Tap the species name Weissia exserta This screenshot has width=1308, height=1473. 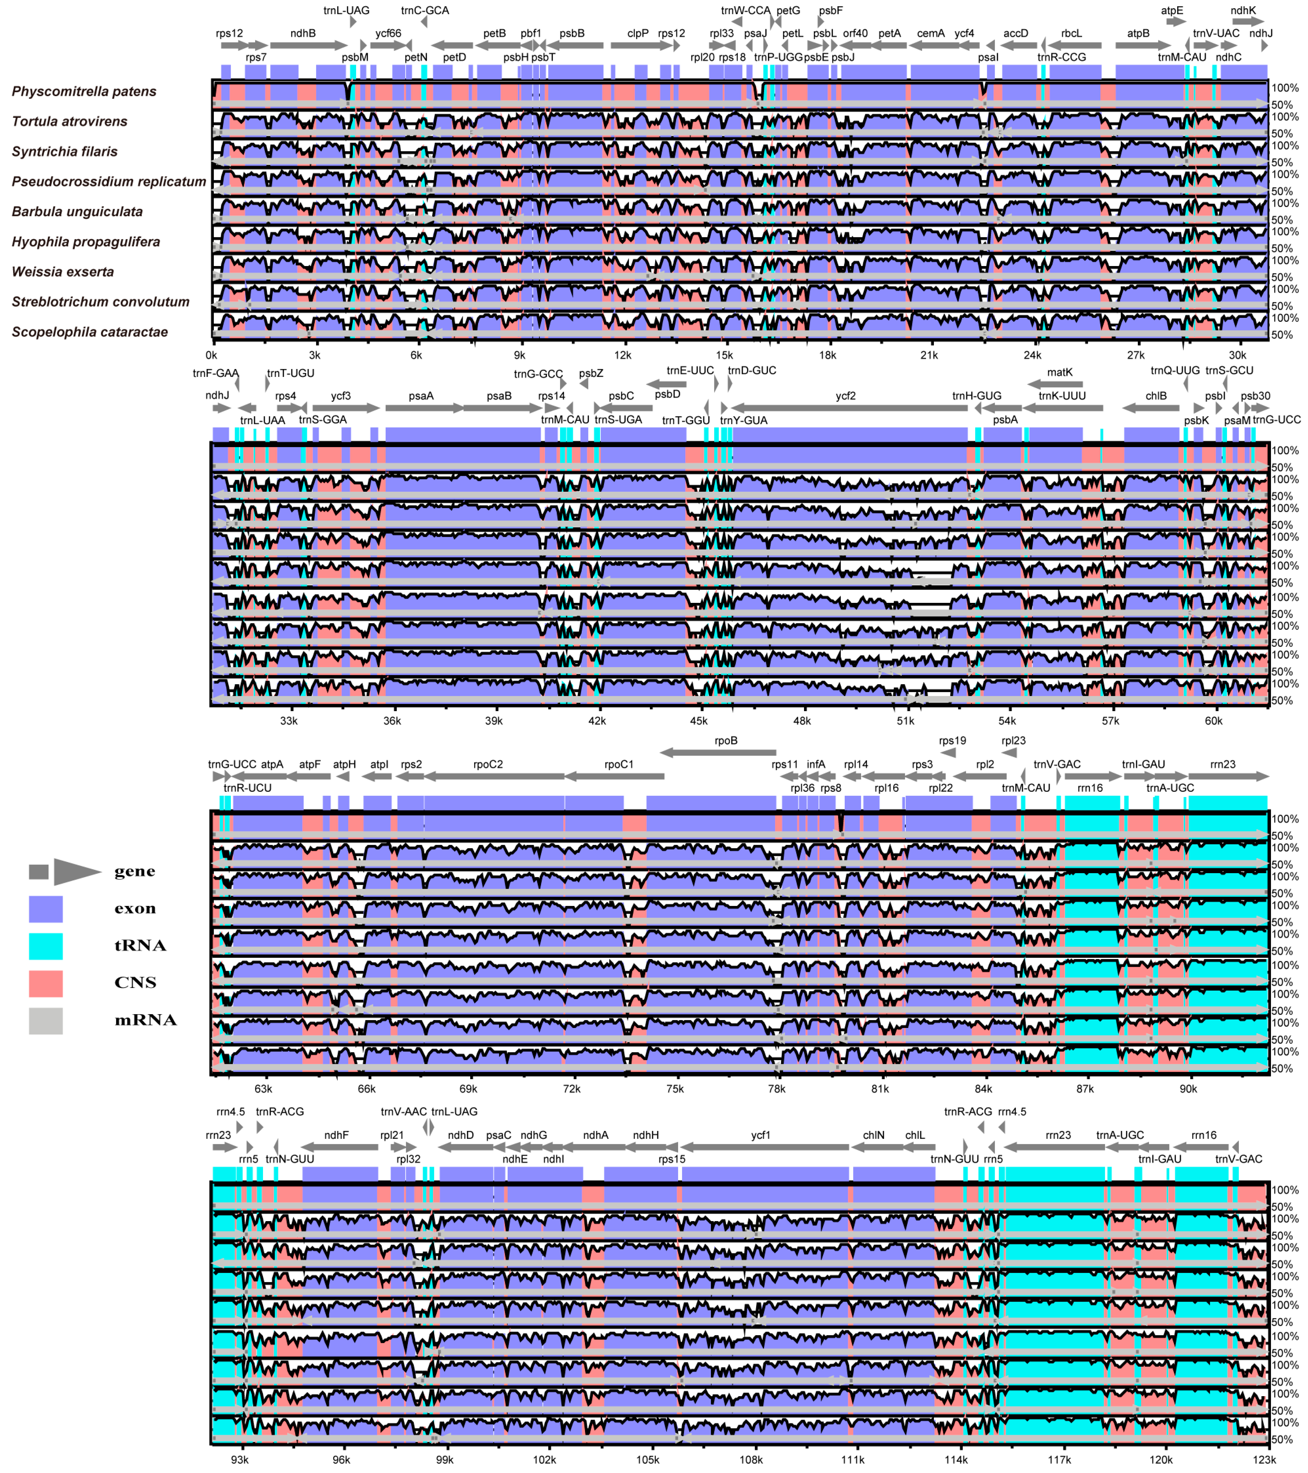(x=63, y=272)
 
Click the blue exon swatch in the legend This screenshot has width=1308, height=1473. (x=45, y=909)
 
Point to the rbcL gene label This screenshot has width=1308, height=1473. (x=1071, y=33)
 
